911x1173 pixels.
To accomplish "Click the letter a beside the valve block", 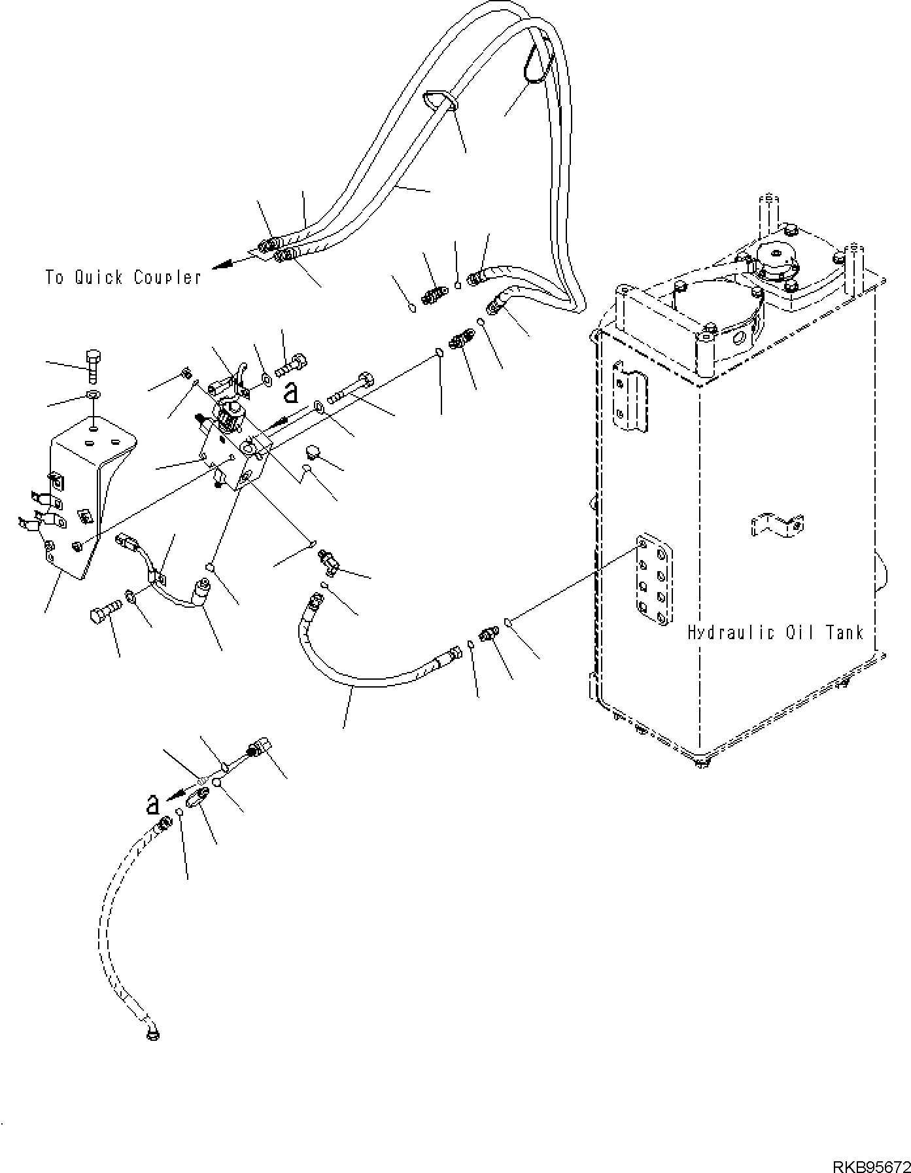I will [x=291, y=393].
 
